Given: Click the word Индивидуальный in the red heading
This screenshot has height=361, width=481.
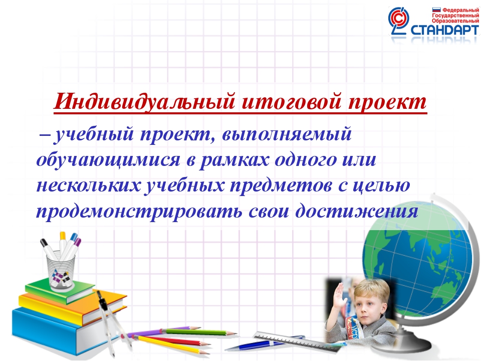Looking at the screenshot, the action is (x=144, y=101).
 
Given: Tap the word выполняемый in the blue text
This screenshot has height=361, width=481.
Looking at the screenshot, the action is (x=287, y=134).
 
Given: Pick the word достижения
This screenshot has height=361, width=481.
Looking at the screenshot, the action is (x=357, y=211).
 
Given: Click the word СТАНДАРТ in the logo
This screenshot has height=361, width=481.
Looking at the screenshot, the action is (x=444, y=30).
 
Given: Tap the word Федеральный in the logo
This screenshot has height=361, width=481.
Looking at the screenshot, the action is (x=460, y=11).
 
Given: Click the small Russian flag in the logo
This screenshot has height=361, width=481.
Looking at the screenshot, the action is (x=436, y=10).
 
